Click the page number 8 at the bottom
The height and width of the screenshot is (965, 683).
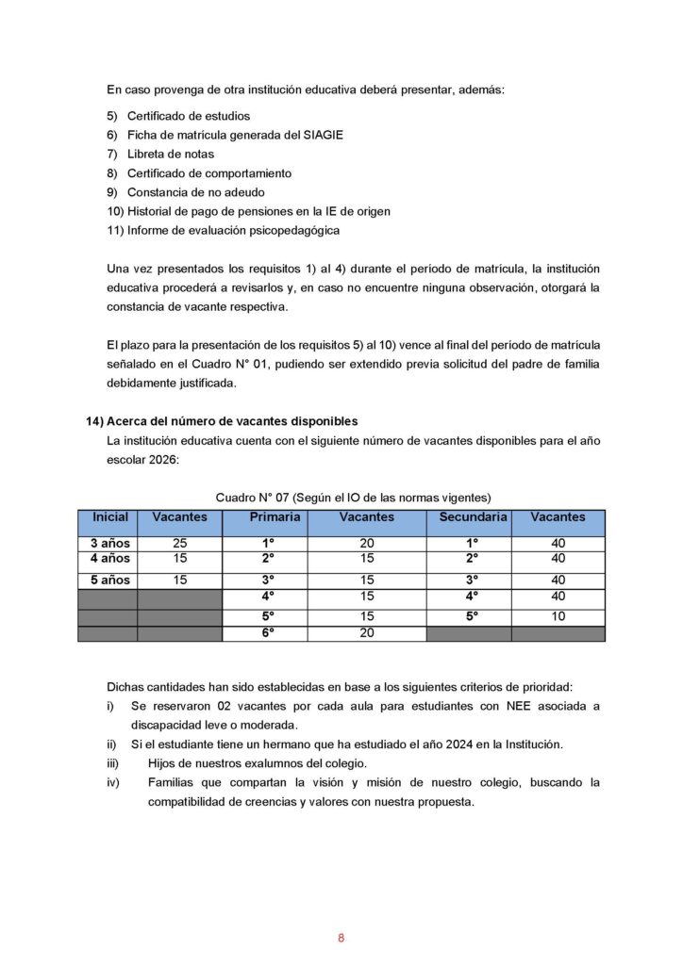click(341, 938)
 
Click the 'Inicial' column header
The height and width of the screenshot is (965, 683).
click(109, 517)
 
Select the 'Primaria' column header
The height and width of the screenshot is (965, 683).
click(275, 517)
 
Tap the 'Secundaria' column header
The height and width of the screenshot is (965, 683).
click(474, 517)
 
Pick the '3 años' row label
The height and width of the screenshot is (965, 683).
click(109, 544)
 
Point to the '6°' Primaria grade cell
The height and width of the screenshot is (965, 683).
click(267, 633)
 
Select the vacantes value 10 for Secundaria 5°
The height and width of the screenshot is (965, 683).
click(558, 616)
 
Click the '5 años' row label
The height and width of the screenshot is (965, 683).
click(109, 581)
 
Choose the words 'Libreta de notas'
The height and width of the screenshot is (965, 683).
click(171, 154)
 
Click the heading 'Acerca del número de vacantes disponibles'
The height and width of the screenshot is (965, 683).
click(233, 421)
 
